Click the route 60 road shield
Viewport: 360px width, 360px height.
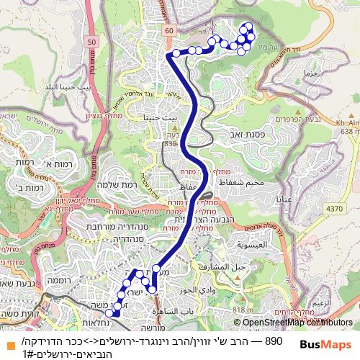click(168, 31)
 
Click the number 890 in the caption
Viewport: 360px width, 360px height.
click(273, 341)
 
